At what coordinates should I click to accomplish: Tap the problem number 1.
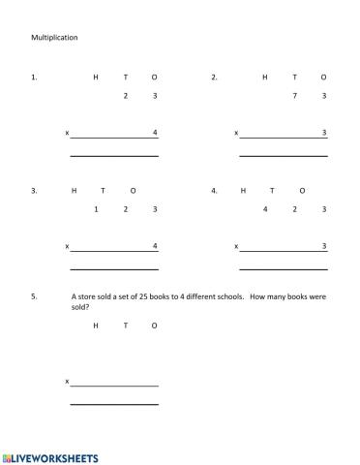click(x=34, y=77)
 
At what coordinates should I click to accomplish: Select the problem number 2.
click(x=214, y=77)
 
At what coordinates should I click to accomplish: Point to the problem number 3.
click(x=34, y=191)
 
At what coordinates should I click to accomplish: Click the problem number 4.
click(x=214, y=191)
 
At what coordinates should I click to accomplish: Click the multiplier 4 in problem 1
click(x=155, y=132)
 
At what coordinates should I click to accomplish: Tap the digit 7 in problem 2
click(x=294, y=96)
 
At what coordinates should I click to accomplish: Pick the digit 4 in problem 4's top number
click(x=265, y=209)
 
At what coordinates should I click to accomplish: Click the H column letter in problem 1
click(x=96, y=77)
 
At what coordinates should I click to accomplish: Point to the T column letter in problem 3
click(x=103, y=191)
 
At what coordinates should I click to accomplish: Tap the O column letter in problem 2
click(x=324, y=77)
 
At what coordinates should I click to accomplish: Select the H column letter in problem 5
click(x=96, y=325)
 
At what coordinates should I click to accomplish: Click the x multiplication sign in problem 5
click(x=67, y=381)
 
